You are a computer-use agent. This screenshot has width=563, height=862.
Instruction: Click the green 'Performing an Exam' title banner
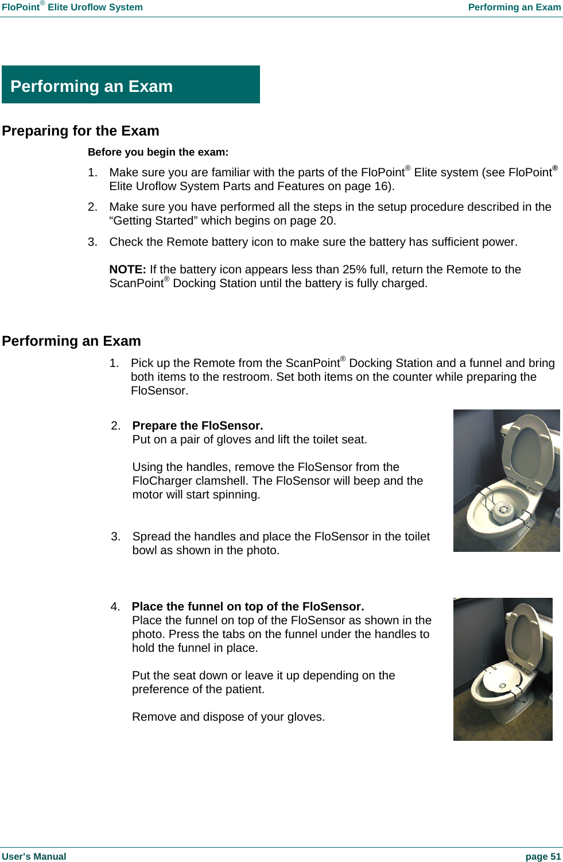[x=130, y=85]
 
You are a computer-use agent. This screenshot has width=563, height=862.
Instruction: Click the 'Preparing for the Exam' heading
[x=80, y=131]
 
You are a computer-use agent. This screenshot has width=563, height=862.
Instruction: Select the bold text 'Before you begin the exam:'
[x=158, y=152]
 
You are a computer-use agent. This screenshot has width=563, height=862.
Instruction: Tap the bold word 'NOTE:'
[x=127, y=269]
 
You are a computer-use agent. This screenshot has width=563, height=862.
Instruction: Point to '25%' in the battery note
[x=354, y=269]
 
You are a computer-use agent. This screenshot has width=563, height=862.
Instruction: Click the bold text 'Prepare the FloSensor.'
[x=197, y=426]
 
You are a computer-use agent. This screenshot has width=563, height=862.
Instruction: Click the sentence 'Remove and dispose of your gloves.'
[x=228, y=717]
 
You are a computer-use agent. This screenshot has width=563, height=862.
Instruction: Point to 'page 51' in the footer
[x=543, y=856]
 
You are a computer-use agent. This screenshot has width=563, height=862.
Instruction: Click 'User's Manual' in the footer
[x=34, y=856]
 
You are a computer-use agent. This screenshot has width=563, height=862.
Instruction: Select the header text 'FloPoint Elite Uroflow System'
[x=72, y=7]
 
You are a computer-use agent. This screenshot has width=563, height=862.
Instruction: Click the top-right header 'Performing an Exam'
[x=514, y=7]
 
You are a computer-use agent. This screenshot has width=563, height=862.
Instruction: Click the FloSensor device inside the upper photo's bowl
[x=503, y=509]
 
